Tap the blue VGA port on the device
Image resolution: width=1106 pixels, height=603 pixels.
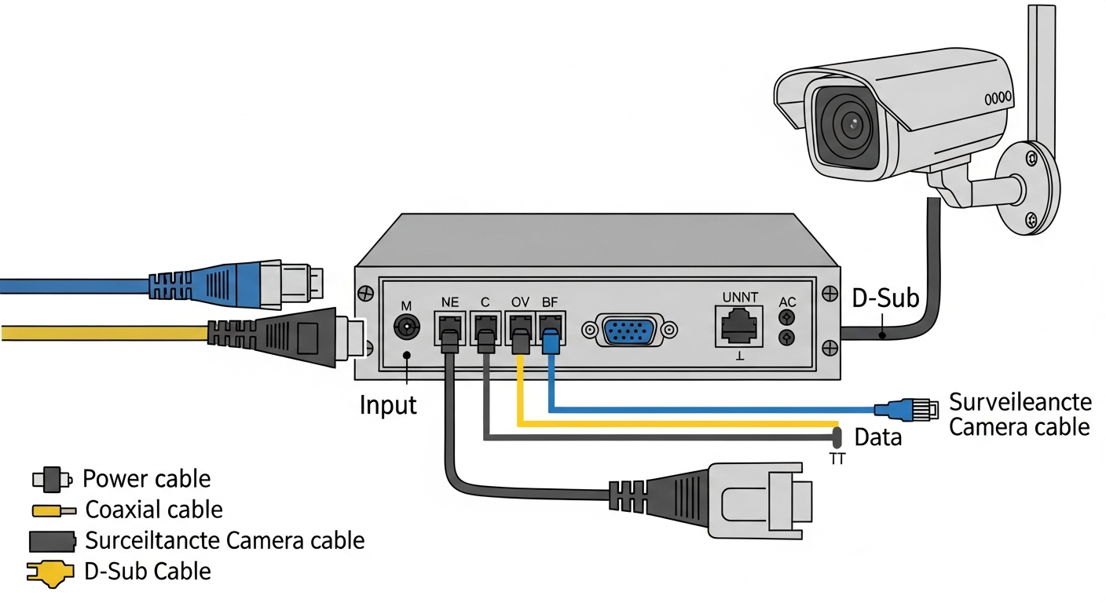[x=630, y=330]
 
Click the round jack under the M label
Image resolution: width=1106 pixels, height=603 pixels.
[x=407, y=327]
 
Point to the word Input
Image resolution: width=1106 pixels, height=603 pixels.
[x=388, y=405]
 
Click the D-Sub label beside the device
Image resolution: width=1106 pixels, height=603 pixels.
[x=885, y=299]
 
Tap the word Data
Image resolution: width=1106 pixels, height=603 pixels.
[x=877, y=437]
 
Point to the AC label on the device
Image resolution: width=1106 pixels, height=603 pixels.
[x=786, y=302]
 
